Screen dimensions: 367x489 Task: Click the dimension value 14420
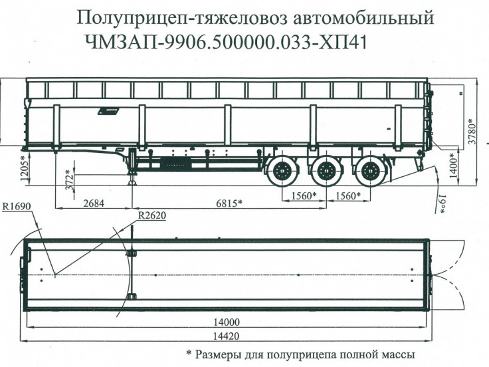point(227,337)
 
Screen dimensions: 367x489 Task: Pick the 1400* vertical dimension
point(452,166)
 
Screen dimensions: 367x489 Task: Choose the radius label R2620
point(153,215)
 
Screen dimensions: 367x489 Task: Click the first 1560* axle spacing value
point(304,196)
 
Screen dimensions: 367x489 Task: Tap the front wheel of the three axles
point(282,172)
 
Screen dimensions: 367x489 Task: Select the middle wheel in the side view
point(325,172)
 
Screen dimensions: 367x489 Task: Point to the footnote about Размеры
point(300,354)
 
